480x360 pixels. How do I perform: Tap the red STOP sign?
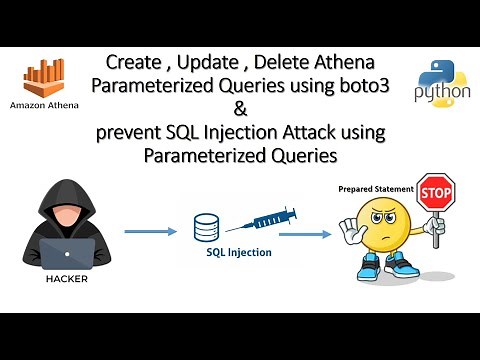[x=435, y=190]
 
